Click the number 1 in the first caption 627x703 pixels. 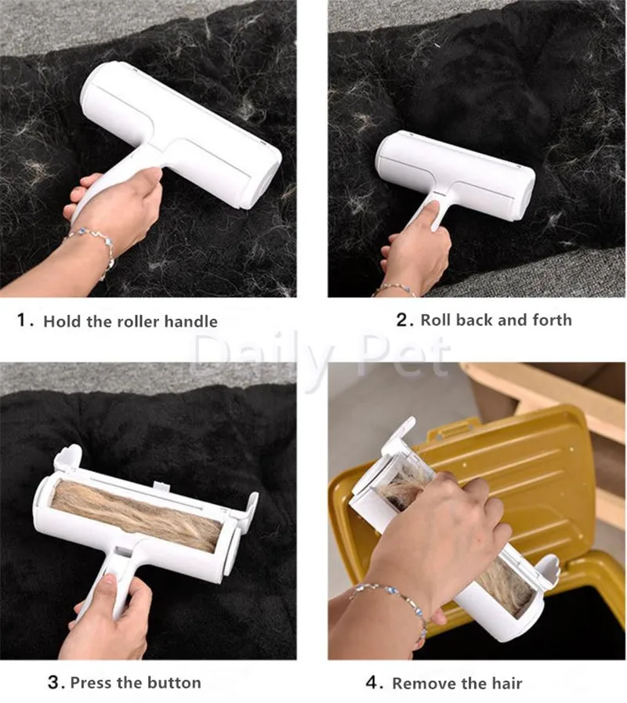point(21,320)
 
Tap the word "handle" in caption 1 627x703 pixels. point(190,321)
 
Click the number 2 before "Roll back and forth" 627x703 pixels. point(402,320)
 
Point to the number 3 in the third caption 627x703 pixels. point(53,683)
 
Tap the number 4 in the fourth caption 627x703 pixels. point(371,683)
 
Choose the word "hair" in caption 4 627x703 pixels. point(507,683)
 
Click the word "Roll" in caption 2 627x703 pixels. point(436,320)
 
